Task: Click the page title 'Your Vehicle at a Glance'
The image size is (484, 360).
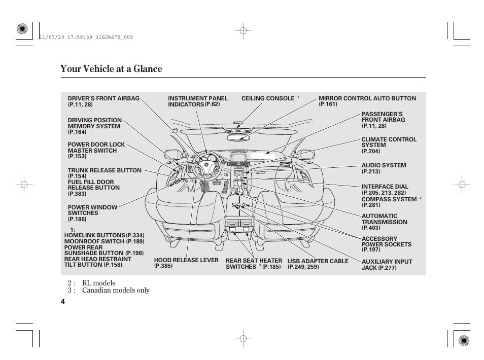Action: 111,69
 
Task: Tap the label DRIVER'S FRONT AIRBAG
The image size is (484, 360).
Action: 103,98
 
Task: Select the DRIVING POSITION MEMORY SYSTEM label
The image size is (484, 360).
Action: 94,123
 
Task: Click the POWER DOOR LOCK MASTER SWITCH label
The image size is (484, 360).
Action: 96,148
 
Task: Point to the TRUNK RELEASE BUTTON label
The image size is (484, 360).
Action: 105,170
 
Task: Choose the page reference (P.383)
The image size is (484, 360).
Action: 77,194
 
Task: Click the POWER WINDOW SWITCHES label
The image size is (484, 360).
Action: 92,210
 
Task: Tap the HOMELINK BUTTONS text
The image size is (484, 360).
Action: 94,236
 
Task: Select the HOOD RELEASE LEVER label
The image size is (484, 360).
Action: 186,261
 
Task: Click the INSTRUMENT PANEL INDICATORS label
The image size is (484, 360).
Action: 197,101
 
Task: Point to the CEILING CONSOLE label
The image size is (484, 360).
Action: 267,98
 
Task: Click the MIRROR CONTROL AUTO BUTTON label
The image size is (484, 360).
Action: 367,98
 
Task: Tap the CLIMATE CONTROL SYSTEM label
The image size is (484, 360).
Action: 389,142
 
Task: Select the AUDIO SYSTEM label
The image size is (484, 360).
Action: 384,165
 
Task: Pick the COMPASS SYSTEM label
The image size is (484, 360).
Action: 389,199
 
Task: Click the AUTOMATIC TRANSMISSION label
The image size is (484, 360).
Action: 384,219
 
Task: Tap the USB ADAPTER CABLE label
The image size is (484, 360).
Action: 318,261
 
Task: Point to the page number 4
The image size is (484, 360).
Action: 62,301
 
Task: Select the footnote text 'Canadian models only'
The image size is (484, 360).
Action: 116,290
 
